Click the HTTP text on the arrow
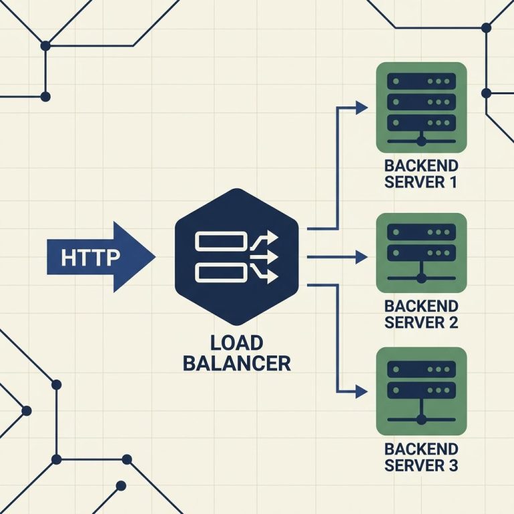(90, 257)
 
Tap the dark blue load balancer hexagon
(237, 257)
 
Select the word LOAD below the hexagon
(237, 343)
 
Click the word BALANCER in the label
(237, 363)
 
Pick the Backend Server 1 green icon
(421, 108)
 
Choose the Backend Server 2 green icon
(421, 253)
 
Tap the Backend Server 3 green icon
(421, 392)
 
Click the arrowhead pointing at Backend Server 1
(361, 108)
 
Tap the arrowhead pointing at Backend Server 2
(361, 257)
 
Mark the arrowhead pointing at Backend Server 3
(361, 392)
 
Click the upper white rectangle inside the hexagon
(221, 241)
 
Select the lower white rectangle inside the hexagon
(221, 273)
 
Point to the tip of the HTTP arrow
(155, 257)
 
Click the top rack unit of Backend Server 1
(421, 81)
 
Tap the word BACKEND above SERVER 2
(421, 306)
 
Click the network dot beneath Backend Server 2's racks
(421, 278)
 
